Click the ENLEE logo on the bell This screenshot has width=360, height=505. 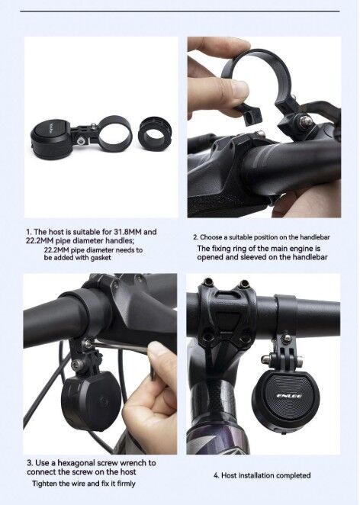(289, 396)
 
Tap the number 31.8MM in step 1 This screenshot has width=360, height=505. (127, 232)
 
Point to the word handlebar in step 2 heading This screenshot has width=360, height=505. (315, 237)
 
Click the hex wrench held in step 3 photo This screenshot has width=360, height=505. (122, 348)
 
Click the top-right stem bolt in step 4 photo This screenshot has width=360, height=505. (244, 284)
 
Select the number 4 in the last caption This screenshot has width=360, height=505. (215, 475)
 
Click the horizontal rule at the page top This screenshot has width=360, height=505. (180, 11)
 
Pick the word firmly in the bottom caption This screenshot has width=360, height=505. (127, 484)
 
